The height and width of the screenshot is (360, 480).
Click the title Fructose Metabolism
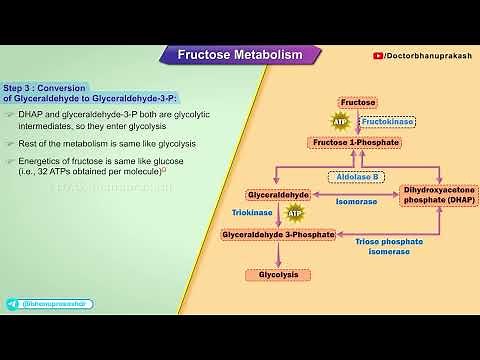tap(239, 54)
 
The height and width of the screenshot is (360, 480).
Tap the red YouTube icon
tap(376, 56)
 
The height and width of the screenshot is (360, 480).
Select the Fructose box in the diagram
tap(357, 102)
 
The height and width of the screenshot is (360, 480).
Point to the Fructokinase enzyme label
tap(388, 121)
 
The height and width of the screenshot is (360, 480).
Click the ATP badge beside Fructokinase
tap(340, 122)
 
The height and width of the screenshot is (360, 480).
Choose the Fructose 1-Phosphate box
tap(357, 143)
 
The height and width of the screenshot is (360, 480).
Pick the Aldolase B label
tap(357, 177)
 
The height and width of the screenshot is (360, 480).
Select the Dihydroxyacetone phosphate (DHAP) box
tap(439, 194)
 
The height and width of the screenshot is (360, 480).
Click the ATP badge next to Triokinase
tap(294, 213)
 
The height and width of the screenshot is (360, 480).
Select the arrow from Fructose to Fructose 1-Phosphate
tap(357, 122)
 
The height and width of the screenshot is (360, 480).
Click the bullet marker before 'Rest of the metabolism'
tap(10, 143)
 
